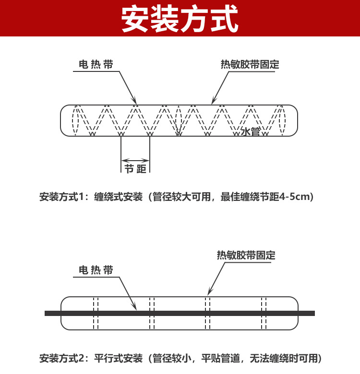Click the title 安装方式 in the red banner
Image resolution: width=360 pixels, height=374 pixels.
[180, 19]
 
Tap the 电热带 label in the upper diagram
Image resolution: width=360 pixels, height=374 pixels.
[96, 64]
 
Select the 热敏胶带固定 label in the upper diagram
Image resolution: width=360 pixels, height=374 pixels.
[250, 64]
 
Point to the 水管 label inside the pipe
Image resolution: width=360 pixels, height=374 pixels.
[251, 132]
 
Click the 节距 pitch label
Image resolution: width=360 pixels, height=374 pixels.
[135, 169]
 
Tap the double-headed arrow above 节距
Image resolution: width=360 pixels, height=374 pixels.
[135, 160]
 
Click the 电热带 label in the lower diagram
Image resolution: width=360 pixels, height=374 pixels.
[96, 270]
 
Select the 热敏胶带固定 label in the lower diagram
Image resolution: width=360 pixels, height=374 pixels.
[246, 255]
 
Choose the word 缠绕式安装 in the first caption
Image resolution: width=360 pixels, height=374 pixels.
[119, 197]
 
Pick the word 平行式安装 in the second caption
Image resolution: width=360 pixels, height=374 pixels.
[119, 358]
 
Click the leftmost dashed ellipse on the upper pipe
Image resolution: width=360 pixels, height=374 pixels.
[72, 120]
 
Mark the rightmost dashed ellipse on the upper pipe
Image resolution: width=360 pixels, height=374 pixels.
[286, 120]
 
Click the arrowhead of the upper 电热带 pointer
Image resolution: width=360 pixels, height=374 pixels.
[135, 103]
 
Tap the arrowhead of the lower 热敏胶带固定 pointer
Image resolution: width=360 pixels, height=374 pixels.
[208, 293]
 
